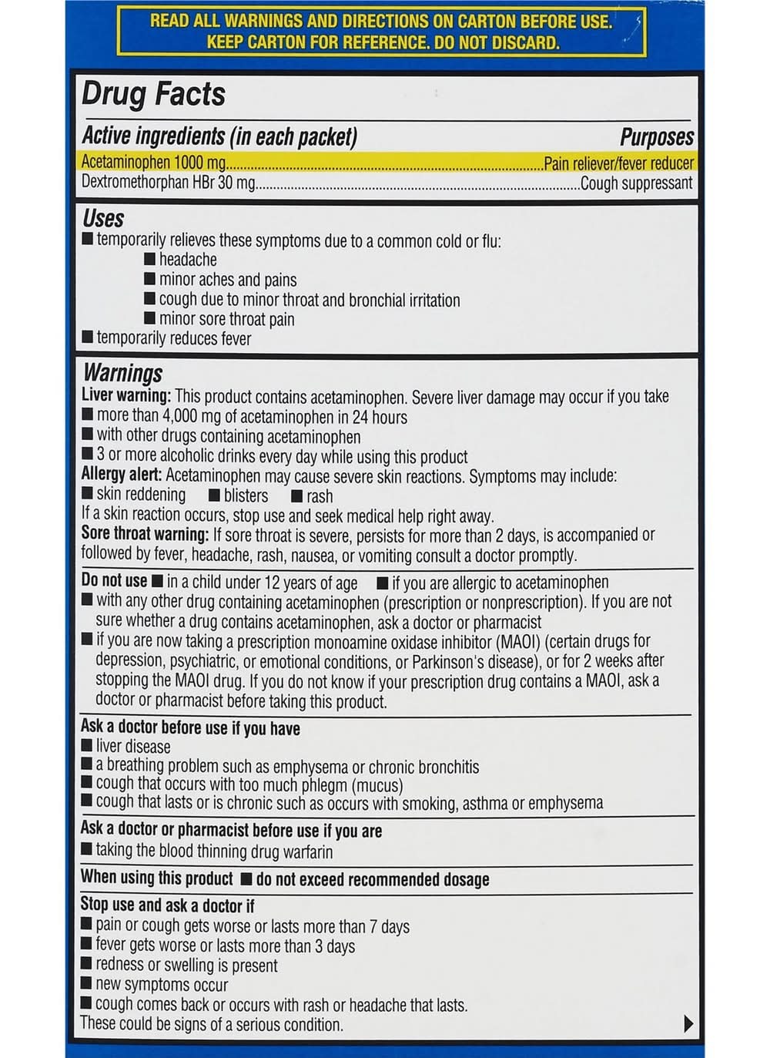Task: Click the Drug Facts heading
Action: tap(153, 94)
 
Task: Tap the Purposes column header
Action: tap(656, 137)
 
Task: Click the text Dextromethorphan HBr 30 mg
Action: tap(168, 183)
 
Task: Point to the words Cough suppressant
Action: tap(636, 183)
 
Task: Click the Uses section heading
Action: tap(103, 219)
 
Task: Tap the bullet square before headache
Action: tap(149, 259)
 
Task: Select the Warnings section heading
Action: tap(122, 374)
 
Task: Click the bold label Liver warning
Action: tap(126, 396)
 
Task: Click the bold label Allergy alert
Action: tap(122, 475)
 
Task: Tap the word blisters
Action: tap(246, 495)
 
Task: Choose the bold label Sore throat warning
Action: tap(145, 534)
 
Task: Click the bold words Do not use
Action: tap(114, 581)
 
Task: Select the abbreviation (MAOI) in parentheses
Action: tap(517, 641)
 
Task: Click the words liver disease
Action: tap(133, 746)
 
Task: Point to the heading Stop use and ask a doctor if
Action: tap(167, 905)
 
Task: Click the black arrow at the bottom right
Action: tap(688, 1023)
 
